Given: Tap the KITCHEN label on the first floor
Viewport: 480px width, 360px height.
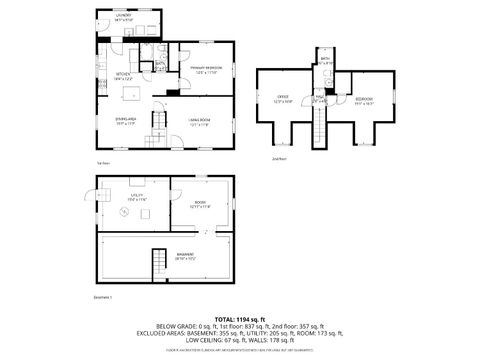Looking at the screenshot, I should point(122,76).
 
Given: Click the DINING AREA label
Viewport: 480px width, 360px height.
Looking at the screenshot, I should point(125,123).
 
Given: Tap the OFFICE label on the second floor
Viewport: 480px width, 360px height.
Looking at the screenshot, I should point(283,98).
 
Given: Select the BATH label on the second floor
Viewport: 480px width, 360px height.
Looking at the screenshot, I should point(326,60).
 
